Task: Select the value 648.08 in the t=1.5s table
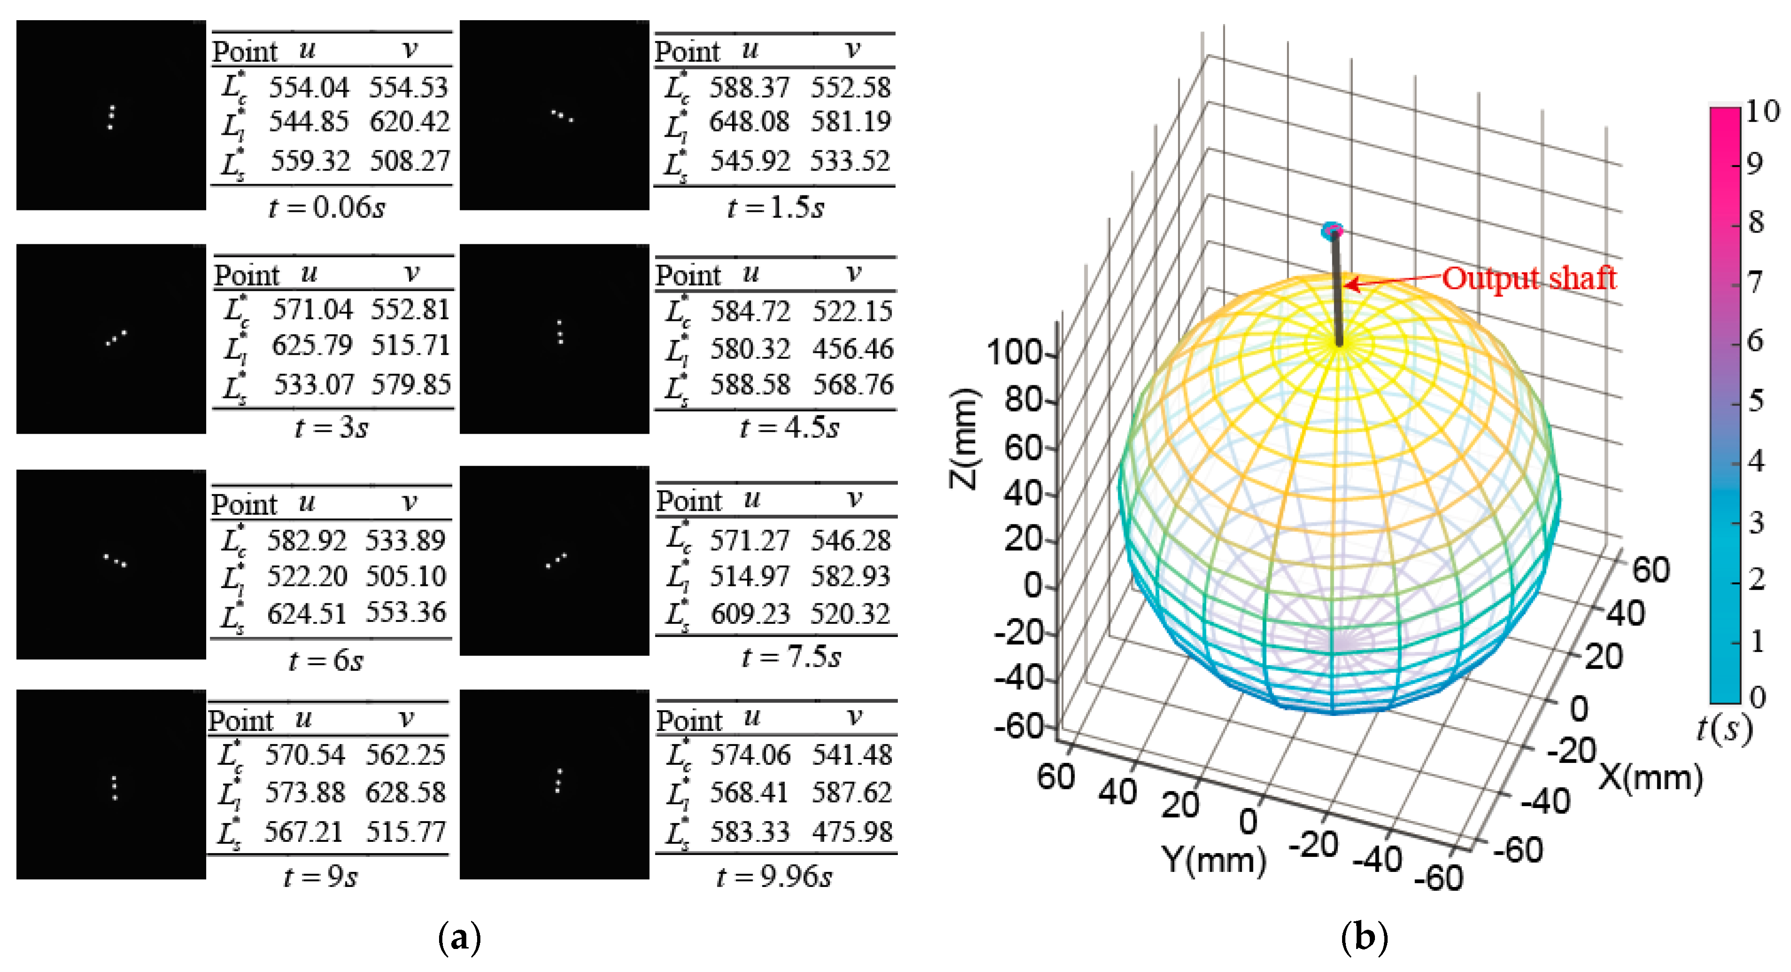point(749,122)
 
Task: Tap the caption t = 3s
point(332,427)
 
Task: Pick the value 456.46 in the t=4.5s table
point(852,349)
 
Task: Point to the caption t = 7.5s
point(791,657)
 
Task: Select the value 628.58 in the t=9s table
point(406,793)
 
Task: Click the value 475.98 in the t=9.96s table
point(852,832)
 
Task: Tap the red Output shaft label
point(1528,278)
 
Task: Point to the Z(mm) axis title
point(965,438)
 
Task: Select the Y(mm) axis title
point(1214,861)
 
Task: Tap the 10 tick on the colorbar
point(1762,111)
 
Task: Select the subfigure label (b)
point(1363,937)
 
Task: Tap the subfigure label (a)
point(460,937)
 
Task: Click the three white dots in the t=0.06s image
point(110,117)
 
